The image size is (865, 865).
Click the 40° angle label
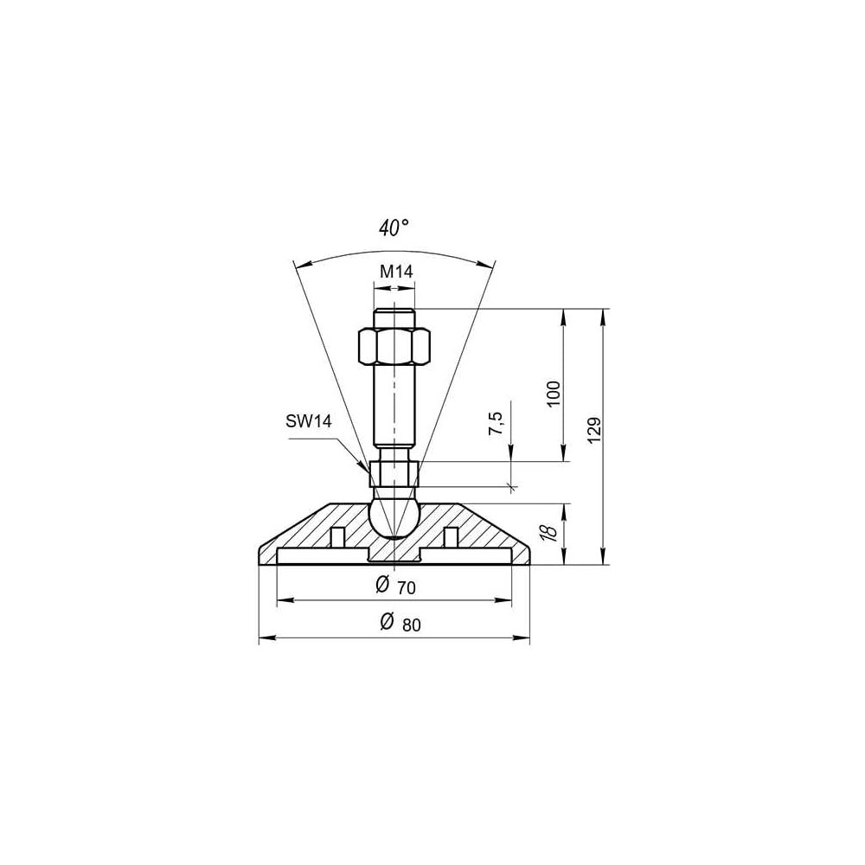point(394,227)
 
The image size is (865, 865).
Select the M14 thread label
point(396,271)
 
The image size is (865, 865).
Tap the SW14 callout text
point(309,421)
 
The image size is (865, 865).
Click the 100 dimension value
point(554,394)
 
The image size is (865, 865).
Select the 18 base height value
point(550,531)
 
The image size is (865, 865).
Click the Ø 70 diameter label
point(395,586)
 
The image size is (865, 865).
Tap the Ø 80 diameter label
point(400,622)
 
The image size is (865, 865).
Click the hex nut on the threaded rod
point(394,346)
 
